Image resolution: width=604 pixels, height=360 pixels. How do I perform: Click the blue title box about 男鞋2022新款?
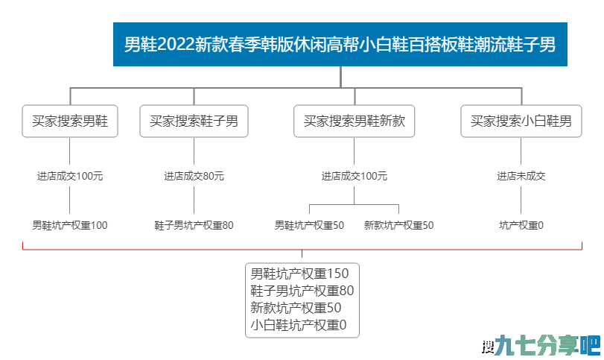(x=340, y=44)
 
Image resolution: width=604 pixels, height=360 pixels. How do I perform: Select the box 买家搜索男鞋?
(x=70, y=121)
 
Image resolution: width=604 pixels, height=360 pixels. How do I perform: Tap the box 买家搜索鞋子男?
(x=194, y=121)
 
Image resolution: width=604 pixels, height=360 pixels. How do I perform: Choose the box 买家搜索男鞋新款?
(x=354, y=121)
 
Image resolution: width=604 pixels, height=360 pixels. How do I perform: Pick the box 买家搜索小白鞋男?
(x=521, y=121)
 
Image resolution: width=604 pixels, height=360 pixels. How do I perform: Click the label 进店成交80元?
(x=194, y=176)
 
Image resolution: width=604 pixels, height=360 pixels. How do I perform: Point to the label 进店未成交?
(x=521, y=176)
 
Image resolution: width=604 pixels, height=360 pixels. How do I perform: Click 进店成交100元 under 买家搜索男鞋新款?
(x=354, y=176)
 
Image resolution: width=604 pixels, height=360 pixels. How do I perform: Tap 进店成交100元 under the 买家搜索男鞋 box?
(x=70, y=176)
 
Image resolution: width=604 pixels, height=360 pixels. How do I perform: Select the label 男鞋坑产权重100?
(x=70, y=225)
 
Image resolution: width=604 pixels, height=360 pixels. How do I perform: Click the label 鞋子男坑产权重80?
(x=194, y=225)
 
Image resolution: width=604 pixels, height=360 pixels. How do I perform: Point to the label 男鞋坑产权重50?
(x=309, y=225)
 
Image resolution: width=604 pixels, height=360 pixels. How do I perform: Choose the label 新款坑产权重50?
(x=398, y=225)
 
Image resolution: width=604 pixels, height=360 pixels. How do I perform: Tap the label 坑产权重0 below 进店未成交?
(x=521, y=225)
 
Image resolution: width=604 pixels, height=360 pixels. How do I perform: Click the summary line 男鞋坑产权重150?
(x=299, y=274)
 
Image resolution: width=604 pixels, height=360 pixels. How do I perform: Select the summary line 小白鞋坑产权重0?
(x=298, y=325)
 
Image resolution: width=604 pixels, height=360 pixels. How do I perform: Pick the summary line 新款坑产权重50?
(x=296, y=308)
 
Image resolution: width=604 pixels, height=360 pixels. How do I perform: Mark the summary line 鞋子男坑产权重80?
(x=302, y=291)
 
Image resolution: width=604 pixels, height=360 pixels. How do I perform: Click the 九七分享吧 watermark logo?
(x=541, y=344)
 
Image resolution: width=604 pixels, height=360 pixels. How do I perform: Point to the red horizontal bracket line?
(x=302, y=250)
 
